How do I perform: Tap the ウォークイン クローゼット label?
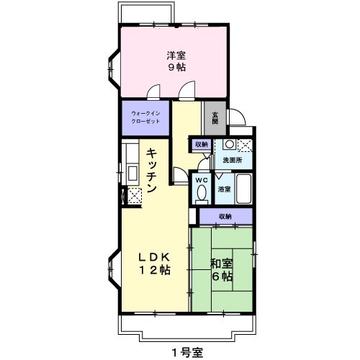tap(145, 117)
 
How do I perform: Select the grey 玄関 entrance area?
tap(214, 118)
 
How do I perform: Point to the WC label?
tap(202, 180)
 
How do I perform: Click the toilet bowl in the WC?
tap(202, 193)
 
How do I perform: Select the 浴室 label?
tap(225, 189)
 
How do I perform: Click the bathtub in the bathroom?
tap(244, 189)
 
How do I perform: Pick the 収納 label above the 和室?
tap(225, 216)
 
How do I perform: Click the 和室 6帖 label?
tap(222, 270)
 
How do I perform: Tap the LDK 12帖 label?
tap(154, 264)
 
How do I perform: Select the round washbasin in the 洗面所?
tap(228, 143)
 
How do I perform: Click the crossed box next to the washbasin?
tap(245, 144)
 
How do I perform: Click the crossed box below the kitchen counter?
tap(132, 194)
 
